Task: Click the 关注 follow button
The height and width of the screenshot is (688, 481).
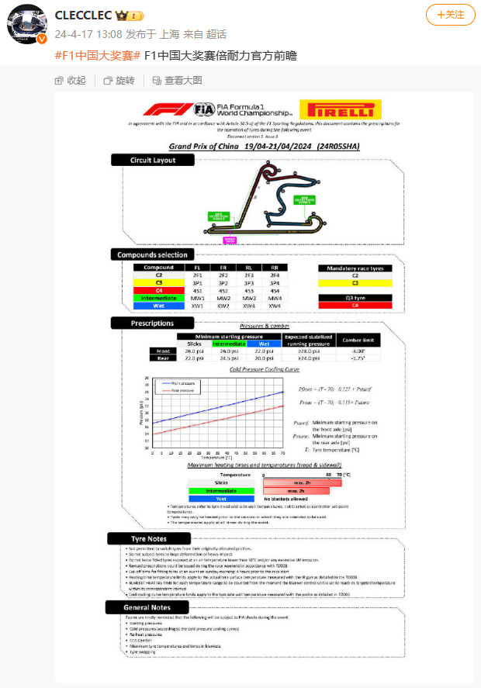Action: [451, 15]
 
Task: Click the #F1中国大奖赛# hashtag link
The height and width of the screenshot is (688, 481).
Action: [99, 57]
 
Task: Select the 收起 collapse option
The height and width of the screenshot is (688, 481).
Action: [71, 80]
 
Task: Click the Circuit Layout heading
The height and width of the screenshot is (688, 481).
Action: [153, 161]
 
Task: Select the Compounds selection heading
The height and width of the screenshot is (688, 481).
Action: [152, 254]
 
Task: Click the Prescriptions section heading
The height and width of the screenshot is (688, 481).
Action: [152, 323]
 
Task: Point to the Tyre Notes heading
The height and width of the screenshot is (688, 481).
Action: [149, 538]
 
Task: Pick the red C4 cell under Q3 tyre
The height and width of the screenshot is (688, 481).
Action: [355, 305]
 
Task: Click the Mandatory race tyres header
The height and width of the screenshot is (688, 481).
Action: [355, 268]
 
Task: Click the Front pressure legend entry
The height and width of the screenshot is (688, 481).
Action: [180, 383]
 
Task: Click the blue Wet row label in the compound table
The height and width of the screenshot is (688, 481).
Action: [158, 305]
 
